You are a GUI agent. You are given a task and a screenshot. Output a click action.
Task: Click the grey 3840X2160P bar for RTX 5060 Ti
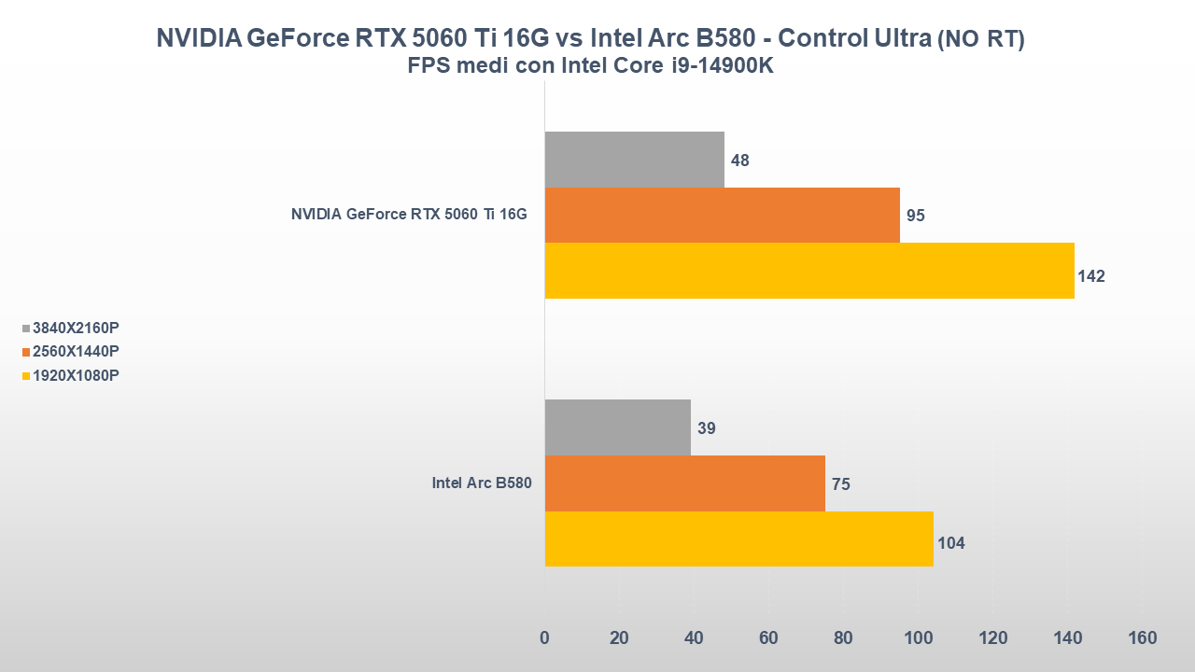[634, 160]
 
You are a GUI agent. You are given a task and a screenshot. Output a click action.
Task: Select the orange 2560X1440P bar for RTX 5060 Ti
[722, 215]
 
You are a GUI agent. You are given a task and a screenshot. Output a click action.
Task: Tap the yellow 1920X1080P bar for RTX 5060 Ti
[808, 271]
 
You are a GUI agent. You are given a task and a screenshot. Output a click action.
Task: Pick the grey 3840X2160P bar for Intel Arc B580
[617, 427]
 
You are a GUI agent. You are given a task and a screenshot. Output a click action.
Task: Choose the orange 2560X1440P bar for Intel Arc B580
[684, 483]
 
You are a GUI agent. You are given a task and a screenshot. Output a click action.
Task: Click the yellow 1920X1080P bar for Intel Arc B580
[738, 539]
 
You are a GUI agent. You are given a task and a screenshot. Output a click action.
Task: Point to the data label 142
[1090, 276]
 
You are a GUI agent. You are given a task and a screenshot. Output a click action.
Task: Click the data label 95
[915, 216]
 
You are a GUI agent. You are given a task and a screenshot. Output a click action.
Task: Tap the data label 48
[740, 161]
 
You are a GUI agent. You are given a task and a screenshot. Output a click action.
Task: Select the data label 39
[707, 428]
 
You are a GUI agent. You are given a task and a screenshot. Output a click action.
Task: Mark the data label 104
[950, 543]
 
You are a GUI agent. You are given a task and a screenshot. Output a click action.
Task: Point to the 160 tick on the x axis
[1142, 638]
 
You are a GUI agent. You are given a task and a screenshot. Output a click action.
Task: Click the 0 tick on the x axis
[544, 638]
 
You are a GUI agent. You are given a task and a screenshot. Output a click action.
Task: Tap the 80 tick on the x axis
[843, 638]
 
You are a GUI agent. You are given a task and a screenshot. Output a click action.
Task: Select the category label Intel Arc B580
[481, 483]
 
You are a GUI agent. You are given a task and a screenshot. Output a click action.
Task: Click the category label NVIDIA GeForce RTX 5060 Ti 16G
[409, 215]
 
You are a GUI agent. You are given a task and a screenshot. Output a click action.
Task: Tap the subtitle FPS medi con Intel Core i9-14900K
[590, 66]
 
